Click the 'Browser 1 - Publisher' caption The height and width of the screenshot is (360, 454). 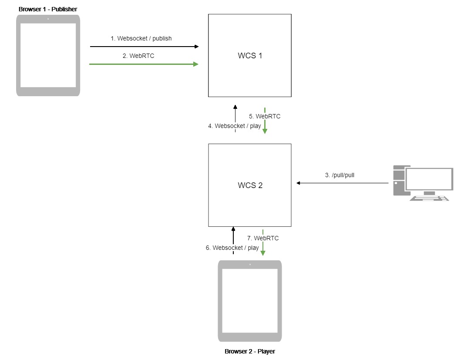click(48, 9)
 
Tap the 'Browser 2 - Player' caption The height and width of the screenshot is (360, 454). click(250, 351)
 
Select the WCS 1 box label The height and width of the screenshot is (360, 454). click(250, 56)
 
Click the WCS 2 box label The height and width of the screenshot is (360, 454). click(250, 185)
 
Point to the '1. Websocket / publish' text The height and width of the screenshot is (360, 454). click(141, 38)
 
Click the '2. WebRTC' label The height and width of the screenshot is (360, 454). click(138, 56)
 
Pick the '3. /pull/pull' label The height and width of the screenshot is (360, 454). click(343, 175)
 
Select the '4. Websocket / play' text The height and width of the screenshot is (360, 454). click(235, 126)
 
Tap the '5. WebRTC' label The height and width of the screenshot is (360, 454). click(265, 116)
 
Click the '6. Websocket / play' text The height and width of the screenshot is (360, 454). click(232, 248)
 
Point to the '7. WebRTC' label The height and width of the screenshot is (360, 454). click(263, 238)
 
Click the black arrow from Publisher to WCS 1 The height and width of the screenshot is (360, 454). click(144, 46)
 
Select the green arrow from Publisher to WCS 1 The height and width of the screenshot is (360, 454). click(144, 64)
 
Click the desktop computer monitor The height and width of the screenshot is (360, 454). click(429, 179)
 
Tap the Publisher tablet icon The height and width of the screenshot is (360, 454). click(48, 55)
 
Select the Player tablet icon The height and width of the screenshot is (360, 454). click(250, 301)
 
